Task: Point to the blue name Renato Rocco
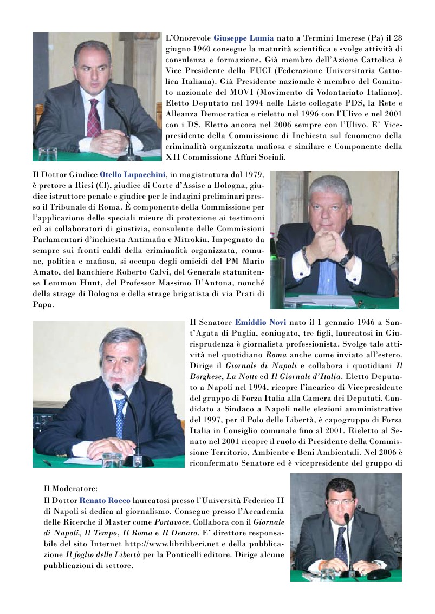coord(105,500)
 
